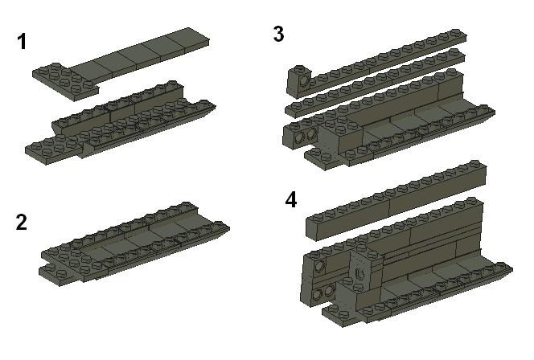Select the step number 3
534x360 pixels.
279,34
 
